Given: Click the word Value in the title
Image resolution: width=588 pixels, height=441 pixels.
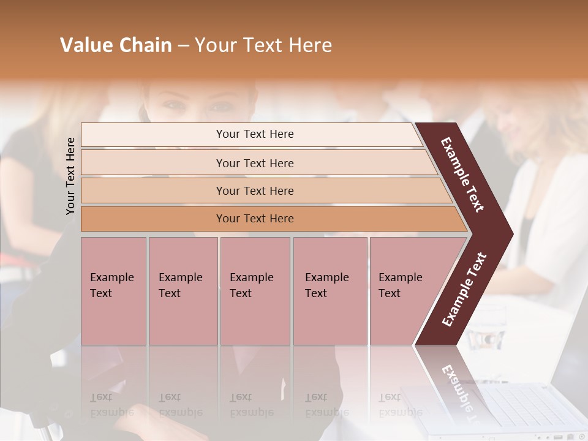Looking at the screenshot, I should (x=86, y=45).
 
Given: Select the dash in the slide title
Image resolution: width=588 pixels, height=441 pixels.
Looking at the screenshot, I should (x=183, y=46).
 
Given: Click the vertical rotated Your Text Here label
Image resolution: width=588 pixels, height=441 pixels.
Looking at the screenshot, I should (x=70, y=176).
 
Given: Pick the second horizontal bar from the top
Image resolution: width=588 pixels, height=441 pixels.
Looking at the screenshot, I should (x=254, y=163).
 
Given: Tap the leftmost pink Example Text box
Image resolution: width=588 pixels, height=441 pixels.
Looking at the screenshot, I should (x=113, y=290).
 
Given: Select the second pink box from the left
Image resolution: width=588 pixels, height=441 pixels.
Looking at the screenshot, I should (x=183, y=290).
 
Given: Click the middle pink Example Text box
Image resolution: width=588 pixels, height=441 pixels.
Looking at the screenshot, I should (x=255, y=290).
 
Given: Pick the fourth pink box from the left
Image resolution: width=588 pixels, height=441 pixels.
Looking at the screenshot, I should (x=330, y=290).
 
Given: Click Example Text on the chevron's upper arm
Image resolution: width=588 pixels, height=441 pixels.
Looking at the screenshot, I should (x=462, y=174).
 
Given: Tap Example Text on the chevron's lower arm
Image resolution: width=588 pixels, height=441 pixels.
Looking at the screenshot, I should (x=464, y=290).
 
